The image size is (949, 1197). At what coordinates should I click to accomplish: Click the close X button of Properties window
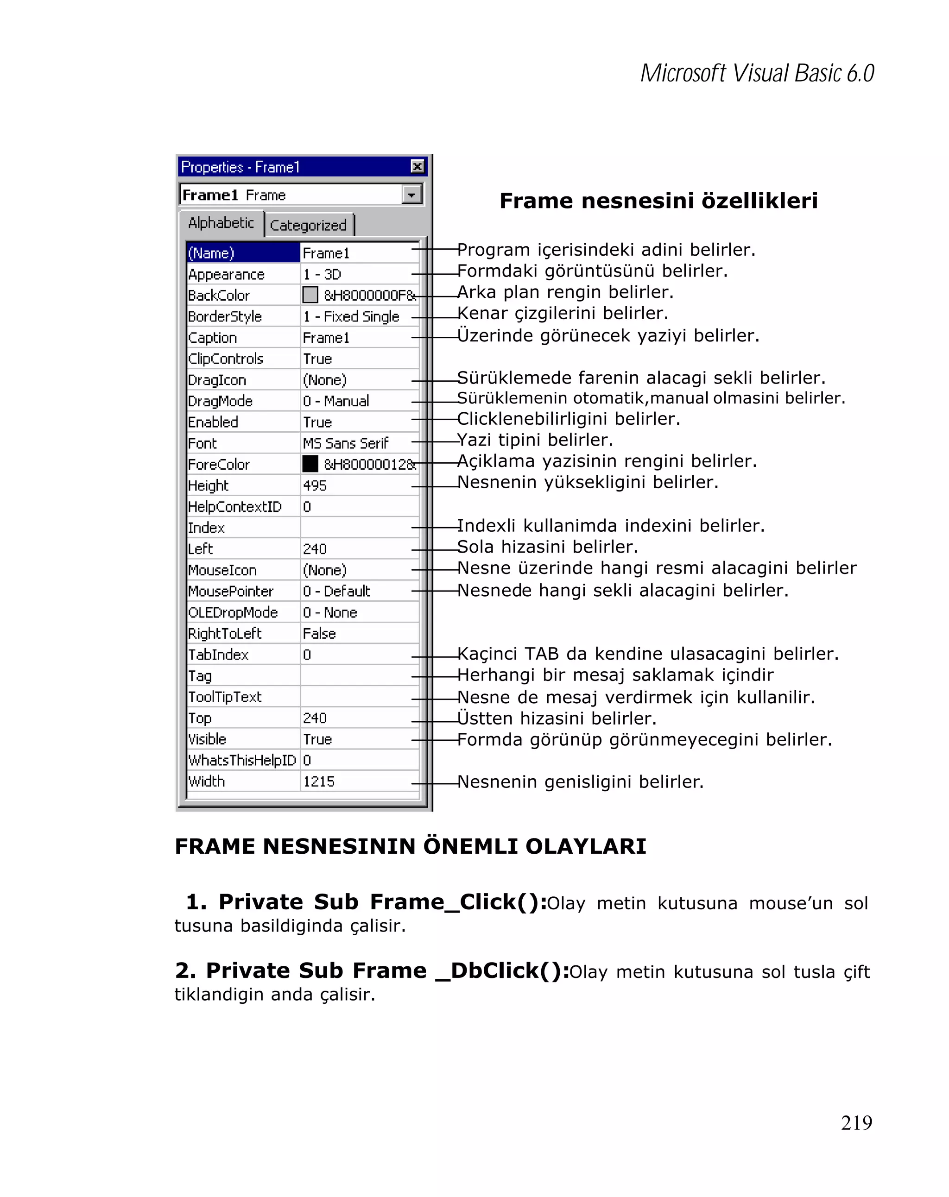click(x=417, y=166)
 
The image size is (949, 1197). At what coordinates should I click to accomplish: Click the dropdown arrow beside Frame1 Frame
click(x=411, y=195)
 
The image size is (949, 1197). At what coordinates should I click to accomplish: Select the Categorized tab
click(x=308, y=225)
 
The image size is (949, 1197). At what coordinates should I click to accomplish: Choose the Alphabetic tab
click(x=221, y=223)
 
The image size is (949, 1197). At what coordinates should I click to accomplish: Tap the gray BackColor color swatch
click(x=310, y=295)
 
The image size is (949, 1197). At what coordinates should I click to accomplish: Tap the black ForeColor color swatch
click(x=310, y=464)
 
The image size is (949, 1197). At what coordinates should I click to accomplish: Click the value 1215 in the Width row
click(x=319, y=781)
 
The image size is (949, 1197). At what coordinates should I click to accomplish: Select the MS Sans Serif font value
click(x=345, y=443)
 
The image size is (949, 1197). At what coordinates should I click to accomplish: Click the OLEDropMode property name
click(x=233, y=612)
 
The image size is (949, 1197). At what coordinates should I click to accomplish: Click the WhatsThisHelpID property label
click(x=242, y=760)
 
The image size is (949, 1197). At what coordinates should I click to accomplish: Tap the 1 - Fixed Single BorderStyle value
click(x=351, y=316)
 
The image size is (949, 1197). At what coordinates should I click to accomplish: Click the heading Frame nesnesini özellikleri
click(x=658, y=201)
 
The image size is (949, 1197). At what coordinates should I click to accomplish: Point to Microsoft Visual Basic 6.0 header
click(x=757, y=73)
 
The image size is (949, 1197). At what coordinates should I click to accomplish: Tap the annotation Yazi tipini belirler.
click(x=535, y=440)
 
